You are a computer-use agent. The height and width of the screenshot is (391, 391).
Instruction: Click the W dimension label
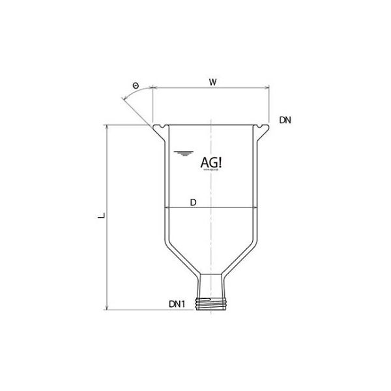212,82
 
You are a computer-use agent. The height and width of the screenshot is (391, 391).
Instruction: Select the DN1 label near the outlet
179,304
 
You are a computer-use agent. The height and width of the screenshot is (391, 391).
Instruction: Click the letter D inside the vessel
194,203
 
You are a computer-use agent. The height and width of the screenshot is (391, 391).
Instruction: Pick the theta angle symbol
135,86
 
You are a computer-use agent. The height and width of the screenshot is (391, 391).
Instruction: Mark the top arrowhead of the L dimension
107,126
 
